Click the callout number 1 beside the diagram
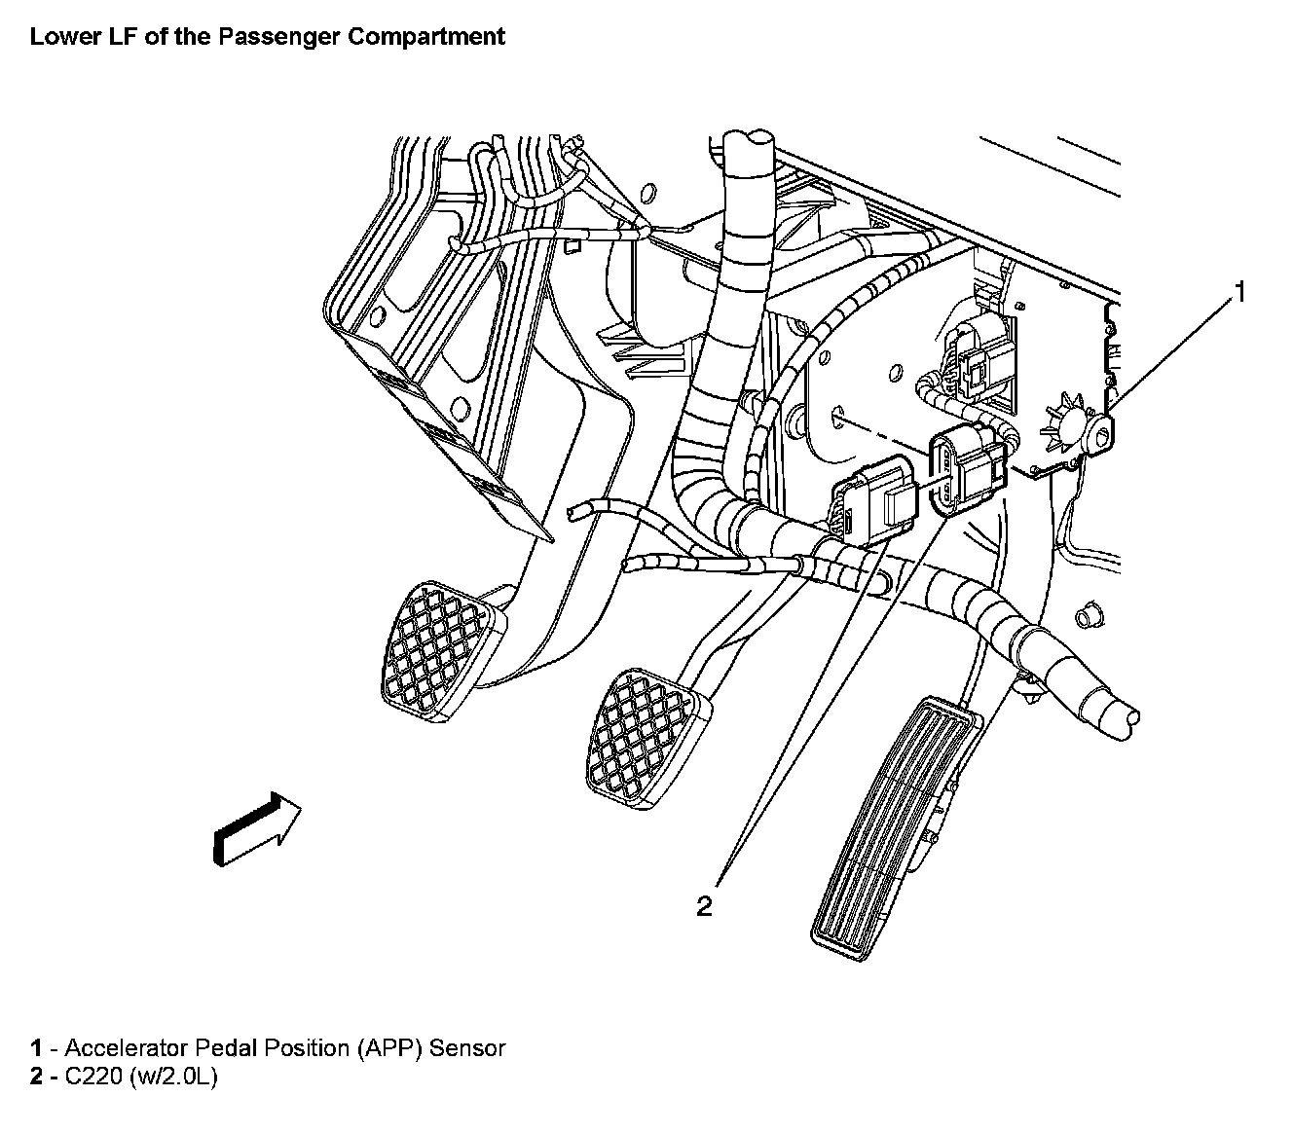pyautogui.click(x=1239, y=292)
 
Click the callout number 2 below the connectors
pyautogui.click(x=704, y=906)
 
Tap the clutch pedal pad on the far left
pyautogui.click(x=443, y=651)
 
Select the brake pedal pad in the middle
pyautogui.click(x=647, y=739)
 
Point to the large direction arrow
pyautogui.click(x=257, y=829)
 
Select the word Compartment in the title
pyautogui.click(x=426, y=37)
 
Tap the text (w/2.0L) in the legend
pyautogui.click(x=173, y=1077)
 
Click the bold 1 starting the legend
pyautogui.click(x=37, y=1048)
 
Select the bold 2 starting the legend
pyautogui.click(x=37, y=1077)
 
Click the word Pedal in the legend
pyautogui.click(x=224, y=1048)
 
